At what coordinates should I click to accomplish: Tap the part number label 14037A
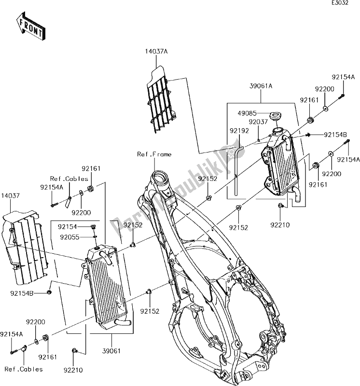pyautogui.click(x=155, y=50)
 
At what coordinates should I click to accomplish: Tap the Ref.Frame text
pyautogui.click(x=154, y=154)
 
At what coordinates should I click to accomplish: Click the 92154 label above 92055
pyautogui.click(x=68, y=226)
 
